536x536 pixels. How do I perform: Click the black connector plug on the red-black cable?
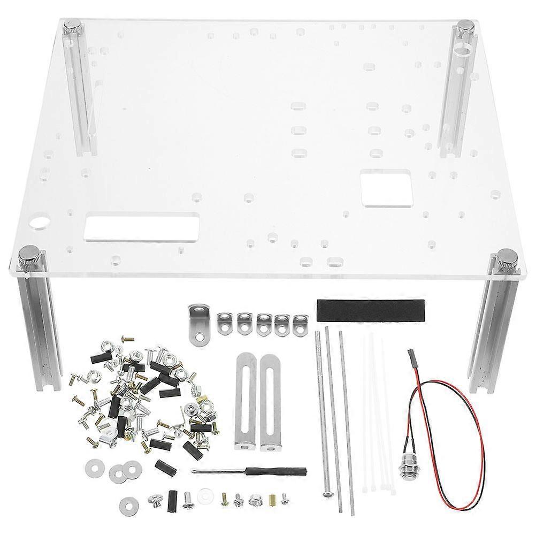tap(412, 357)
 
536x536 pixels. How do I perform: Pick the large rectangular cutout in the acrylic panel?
tap(141, 227)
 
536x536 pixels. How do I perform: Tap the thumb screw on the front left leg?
tap(30, 258)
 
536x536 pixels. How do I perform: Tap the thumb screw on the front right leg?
tap(503, 262)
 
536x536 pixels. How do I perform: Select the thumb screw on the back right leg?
tap(465, 27)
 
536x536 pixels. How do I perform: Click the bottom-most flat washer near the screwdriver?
tap(127, 502)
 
